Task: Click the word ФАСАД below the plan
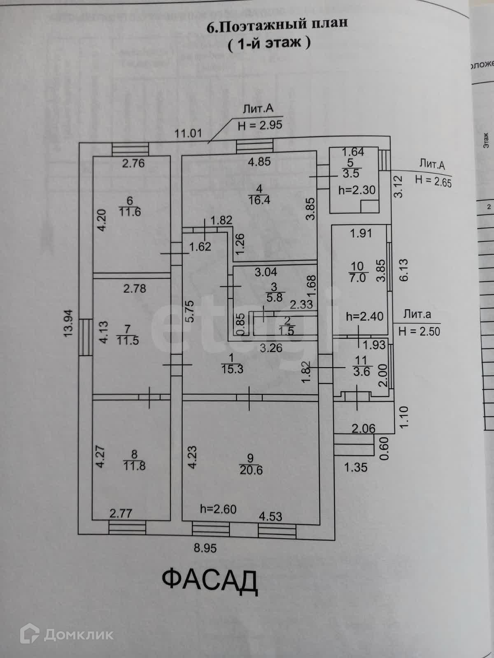(210, 580)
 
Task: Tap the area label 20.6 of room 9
(251, 470)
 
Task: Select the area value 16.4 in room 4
(259, 200)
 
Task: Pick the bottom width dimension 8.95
(205, 548)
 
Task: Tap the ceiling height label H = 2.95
(260, 125)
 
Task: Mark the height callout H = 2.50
(419, 331)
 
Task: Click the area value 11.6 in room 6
(130, 212)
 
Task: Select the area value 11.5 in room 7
(128, 341)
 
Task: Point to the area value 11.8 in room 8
(134, 466)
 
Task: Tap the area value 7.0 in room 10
(357, 278)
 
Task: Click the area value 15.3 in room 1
(232, 369)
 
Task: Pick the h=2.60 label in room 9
(218, 509)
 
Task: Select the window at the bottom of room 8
(127, 527)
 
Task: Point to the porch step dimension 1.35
(355, 468)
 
